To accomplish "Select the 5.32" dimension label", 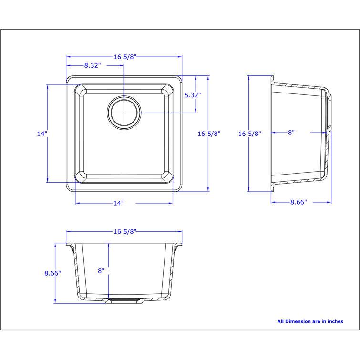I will (x=193, y=95).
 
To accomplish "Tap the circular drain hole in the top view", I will (x=124, y=113).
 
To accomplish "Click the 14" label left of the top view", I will (x=42, y=134).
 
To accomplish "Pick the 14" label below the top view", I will (x=119, y=203).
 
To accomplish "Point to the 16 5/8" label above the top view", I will (x=125, y=57).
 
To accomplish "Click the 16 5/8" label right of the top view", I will (x=209, y=134).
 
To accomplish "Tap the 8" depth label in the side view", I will (x=291, y=133).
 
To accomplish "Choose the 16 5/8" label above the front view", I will (x=125, y=231).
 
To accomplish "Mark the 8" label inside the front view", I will (x=101, y=271).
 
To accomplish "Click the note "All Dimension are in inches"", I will (x=310, y=321).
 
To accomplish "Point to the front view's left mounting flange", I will (x=70, y=247).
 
